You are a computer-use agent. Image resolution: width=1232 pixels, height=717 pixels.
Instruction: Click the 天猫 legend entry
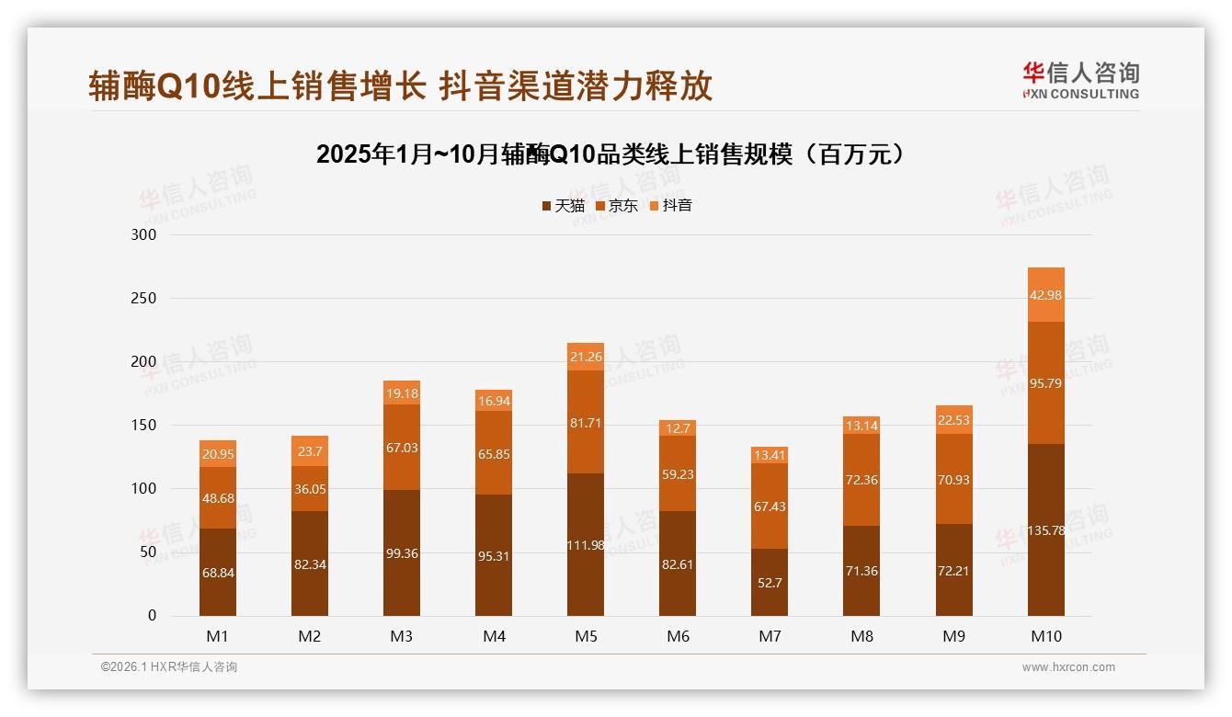563,206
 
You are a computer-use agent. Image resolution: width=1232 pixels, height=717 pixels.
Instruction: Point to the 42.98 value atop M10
1045,295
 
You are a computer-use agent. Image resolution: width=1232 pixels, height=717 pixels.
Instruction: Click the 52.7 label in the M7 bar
770,583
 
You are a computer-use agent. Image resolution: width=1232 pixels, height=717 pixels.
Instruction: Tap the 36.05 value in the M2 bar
310,490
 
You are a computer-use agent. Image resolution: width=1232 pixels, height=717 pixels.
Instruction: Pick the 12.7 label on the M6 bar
678,427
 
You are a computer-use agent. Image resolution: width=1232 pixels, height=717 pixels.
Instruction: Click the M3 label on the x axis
402,636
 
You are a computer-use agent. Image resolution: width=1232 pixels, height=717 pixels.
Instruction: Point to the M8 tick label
861,636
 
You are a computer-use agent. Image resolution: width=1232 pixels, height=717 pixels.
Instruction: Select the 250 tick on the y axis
145,299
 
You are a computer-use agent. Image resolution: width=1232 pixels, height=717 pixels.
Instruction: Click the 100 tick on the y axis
145,489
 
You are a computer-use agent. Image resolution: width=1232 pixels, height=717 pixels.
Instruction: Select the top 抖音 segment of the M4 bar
494,401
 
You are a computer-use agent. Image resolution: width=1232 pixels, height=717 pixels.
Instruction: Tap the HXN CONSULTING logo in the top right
1080,81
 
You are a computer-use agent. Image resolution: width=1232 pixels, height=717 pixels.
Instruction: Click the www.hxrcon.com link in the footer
1068,667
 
